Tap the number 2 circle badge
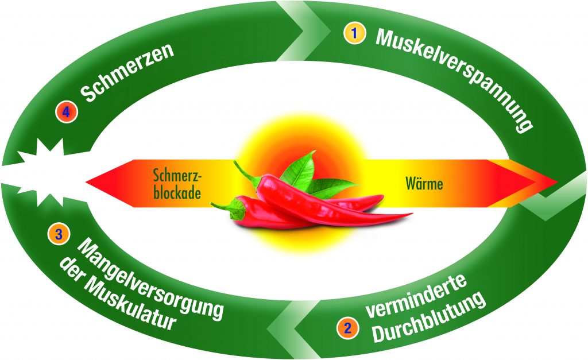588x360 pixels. (347, 328)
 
